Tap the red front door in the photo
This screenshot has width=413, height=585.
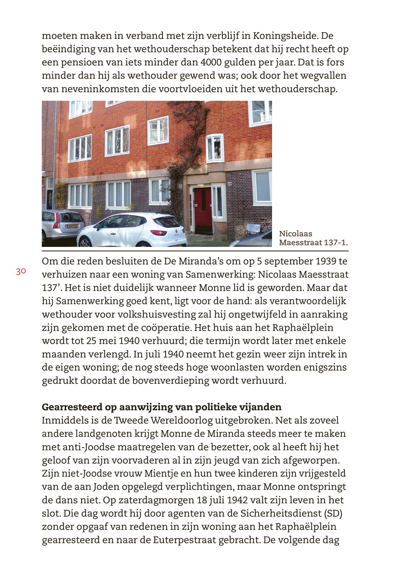tap(203, 211)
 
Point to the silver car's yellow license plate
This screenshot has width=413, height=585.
tap(73, 226)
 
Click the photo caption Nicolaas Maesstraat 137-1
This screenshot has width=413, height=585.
tap(313, 238)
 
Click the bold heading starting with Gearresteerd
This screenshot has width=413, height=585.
tap(162, 407)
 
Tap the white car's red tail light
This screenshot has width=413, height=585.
tap(159, 232)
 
